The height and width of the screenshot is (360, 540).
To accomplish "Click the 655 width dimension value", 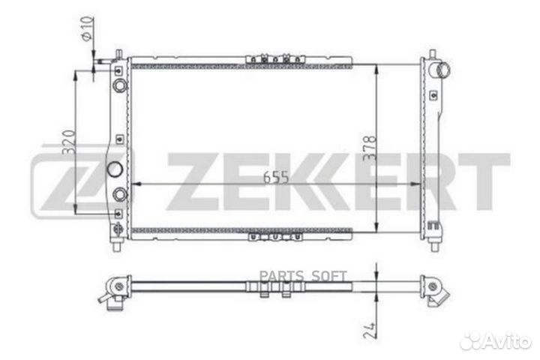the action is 275,178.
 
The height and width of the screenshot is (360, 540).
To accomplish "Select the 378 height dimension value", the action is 370,148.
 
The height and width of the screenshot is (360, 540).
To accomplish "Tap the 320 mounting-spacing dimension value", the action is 68,142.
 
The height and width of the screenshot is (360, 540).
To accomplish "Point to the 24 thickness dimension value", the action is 370,331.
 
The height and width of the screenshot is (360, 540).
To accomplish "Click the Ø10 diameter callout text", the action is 87,28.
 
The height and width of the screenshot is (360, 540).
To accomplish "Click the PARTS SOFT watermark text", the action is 303,276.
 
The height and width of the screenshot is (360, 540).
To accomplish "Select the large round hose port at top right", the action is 443,70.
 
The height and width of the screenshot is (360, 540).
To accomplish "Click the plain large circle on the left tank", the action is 115,169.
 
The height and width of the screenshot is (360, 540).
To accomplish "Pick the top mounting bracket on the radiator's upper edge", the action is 275,59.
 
